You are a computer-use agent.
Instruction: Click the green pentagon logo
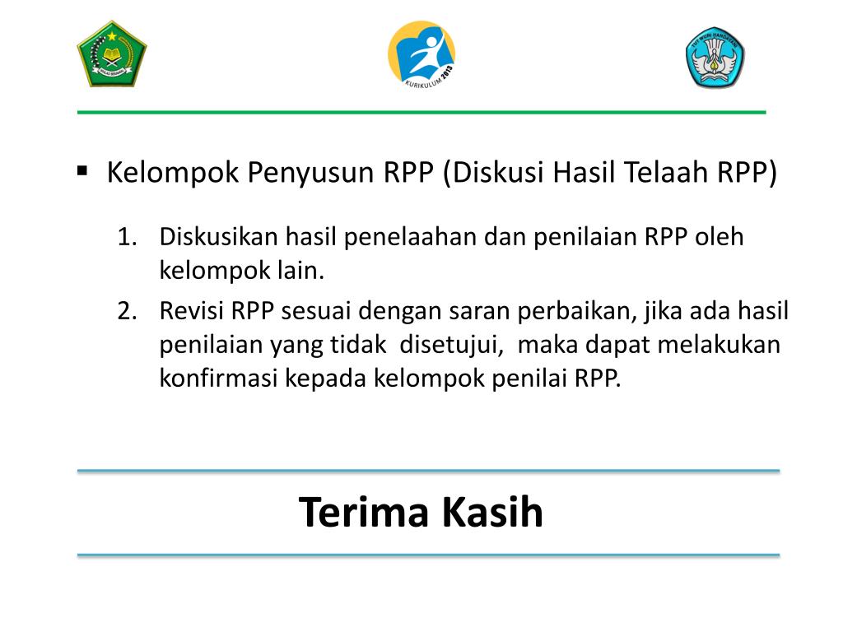point(112,54)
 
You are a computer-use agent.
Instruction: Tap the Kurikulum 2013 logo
point(421,56)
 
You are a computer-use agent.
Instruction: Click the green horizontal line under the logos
point(421,112)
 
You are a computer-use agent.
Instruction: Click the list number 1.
point(125,237)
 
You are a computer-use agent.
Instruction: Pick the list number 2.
point(125,311)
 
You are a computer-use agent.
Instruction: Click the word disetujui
point(452,344)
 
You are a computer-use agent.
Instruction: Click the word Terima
point(365,513)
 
